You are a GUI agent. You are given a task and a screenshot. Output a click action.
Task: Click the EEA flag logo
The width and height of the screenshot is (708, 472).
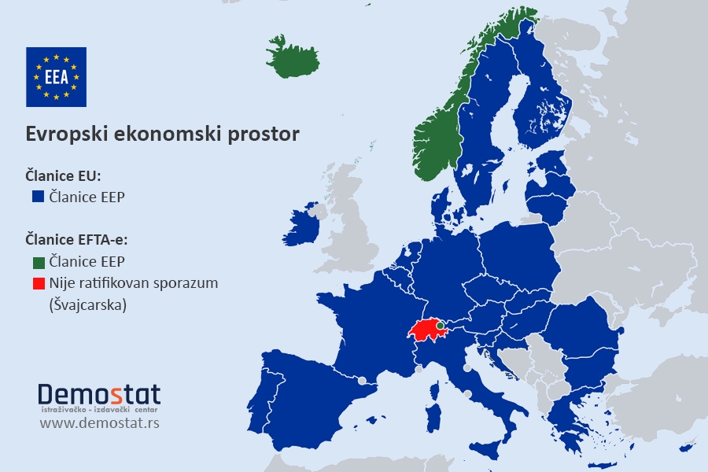click(56, 76)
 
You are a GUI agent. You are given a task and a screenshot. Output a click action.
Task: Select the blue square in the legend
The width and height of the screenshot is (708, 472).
click(37, 197)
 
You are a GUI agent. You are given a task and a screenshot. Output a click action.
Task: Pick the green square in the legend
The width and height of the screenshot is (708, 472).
click(37, 261)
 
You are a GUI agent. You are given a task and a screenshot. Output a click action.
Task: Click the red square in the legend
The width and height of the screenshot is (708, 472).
click(37, 282)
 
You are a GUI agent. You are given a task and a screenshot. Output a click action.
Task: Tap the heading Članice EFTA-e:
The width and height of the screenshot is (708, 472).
click(76, 239)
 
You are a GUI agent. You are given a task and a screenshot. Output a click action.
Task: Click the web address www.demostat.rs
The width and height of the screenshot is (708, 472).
click(99, 424)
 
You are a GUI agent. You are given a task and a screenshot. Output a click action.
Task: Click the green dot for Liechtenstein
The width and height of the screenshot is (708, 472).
click(441, 324)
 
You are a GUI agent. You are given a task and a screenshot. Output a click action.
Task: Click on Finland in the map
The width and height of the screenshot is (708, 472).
click(543, 102)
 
